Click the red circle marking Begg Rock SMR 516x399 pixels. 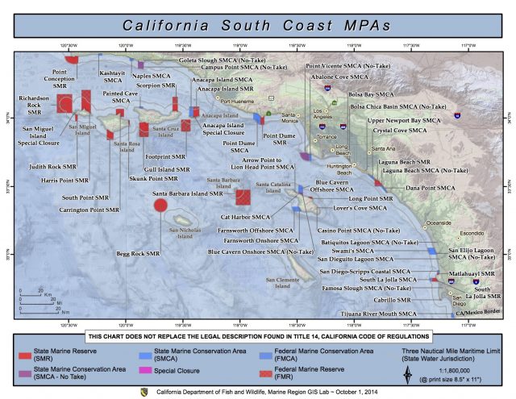pos(160,206)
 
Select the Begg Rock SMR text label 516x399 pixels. pos(138,253)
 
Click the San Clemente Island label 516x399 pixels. pos(281,282)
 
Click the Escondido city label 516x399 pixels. pos(471,234)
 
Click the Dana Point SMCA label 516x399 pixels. pos(419,188)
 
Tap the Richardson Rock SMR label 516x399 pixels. pos(35,102)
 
